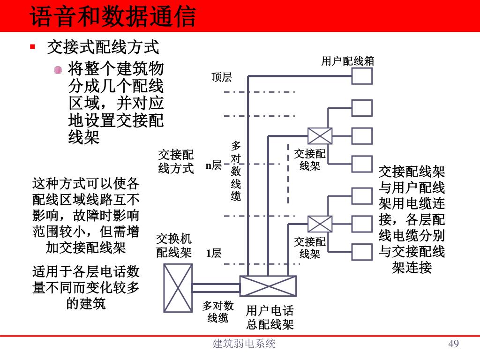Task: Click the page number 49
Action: pyautogui.click(x=453, y=344)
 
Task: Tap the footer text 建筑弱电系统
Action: pyautogui.click(x=244, y=344)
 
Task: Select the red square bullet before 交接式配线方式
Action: pyautogui.click(x=33, y=47)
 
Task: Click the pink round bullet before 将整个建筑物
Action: pyautogui.click(x=58, y=70)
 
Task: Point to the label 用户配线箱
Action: pyautogui.click(x=347, y=61)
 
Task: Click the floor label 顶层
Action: pyautogui.click(x=222, y=77)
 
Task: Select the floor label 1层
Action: pyautogui.click(x=214, y=254)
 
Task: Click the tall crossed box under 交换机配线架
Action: pyautogui.click(x=178, y=288)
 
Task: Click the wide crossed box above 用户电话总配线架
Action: pyautogui.click(x=268, y=286)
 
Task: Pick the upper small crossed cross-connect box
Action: pyautogui.click(x=320, y=136)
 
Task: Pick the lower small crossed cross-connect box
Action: pyautogui.click(x=320, y=224)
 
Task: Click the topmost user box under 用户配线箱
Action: pyautogui.click(x=362, y=76)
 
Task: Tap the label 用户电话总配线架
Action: pyautogui.click(x=270, y=318)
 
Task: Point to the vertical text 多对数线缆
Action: pyautogui.click(x=236, y=171)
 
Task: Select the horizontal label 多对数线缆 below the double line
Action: pyautogui.click(x=218, y=312)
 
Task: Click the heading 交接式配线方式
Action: pyautogui.click(x=103, y=47)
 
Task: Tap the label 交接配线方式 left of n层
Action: pyautogui.click(x=176, y=162)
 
